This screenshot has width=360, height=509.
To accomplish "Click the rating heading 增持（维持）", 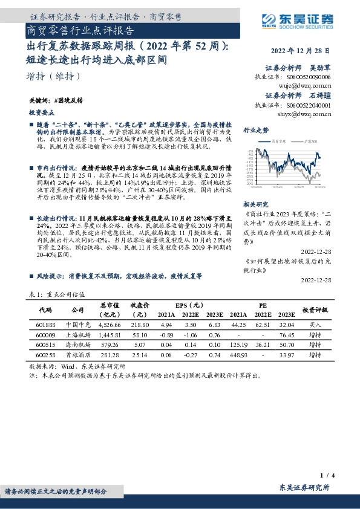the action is coord(47,76).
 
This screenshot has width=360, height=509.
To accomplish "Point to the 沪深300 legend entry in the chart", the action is coord(310,140).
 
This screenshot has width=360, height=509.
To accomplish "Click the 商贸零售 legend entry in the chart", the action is coord(279,140).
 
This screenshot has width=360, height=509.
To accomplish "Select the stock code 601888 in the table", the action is coord(46,324).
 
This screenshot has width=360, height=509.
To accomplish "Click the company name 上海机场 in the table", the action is coord(77,334).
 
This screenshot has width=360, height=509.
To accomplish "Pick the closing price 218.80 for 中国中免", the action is coord(140,324).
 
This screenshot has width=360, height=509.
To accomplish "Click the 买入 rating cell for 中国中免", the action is coord(315,324).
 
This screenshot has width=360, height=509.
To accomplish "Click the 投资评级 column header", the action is coord(315,309).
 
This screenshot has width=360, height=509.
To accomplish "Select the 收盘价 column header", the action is coord(140,309).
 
